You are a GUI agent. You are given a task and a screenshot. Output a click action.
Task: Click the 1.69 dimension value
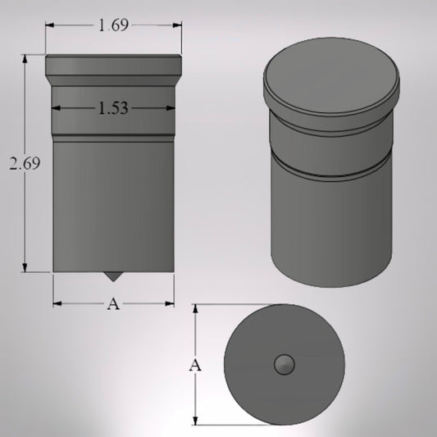[113, 25]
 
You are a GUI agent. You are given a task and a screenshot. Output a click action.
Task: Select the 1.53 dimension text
[113, 108]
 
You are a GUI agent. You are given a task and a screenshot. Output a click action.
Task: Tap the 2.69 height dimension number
[25, 163]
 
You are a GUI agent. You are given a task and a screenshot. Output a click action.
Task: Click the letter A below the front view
[113, 304]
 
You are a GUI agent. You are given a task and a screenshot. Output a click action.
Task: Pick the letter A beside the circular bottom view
[195, 365]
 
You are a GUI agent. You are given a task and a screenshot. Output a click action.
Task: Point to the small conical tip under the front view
[110, 275]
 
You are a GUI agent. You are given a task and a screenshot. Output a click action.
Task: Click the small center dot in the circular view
[285, 364]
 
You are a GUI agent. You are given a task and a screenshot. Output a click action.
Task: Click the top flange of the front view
[113, 63]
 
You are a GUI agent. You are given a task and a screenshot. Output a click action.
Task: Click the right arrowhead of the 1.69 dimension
[178, 25]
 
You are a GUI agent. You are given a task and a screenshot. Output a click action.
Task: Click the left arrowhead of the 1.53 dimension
[56, 108]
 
